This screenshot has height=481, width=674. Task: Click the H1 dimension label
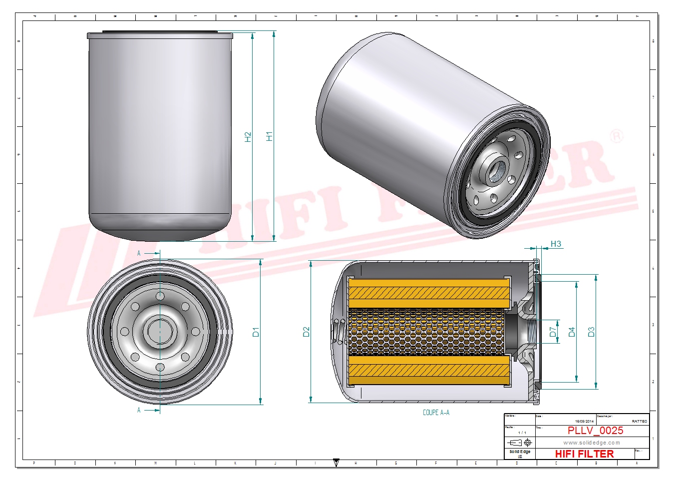pyautogui.click(x=270, y=136)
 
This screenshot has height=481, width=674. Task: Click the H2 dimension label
pyautogui.click(x=248, y=137)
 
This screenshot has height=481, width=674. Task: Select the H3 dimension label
pyautogui.click(x=556, y=244)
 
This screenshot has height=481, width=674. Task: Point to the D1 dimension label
pyautogui.click(x=256, y=332)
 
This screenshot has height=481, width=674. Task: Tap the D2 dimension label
pyautogui.click(x=306, y=332)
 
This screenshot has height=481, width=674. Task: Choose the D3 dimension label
pyautogui.click(x=591, y=332)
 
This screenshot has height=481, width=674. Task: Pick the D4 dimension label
pyautogui.click(x=572, y=332)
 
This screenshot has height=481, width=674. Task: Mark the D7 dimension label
pyautogui.click(x=553, y=332)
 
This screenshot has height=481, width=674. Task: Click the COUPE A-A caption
pyautogui.click(x=436, y=413)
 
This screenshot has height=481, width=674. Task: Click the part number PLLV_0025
pyautogui.click(x=595, y=431)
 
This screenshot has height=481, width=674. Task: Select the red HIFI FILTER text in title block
pyautogui.click(x=584, y=454)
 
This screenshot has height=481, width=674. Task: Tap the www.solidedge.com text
pyautogui.click(x=592, y=443)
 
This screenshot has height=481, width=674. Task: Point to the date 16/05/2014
pyautogui.click(x=584, y=422)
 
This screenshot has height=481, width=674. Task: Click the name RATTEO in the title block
pyautogui.click(x=639, y=422)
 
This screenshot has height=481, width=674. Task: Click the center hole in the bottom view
pyautogui.click(x=160, y=331)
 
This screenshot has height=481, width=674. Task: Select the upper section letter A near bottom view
pyautogui.click(x=139, y=253)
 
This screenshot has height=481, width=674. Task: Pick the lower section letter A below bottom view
pyautogui.click(x=139, y=410)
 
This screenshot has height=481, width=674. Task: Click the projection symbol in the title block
pyautogui.click(x=519, y=443)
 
